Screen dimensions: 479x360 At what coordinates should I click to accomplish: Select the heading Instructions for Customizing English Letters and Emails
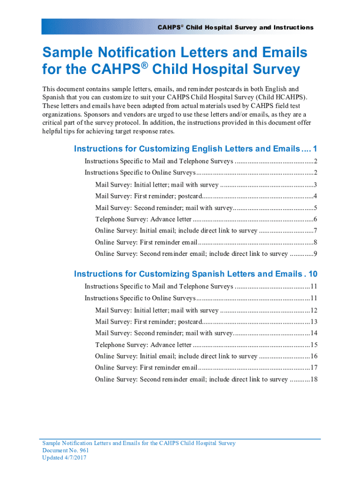[187, 149]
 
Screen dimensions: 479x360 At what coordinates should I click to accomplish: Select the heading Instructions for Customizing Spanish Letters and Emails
[187, 274]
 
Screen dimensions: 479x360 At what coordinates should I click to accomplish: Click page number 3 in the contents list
[316, 185]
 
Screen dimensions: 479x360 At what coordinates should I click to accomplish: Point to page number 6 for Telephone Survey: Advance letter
[316, 219]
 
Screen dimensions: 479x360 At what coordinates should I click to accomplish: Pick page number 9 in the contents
[316, 254]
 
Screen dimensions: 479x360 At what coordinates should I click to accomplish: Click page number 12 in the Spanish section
[314, 311]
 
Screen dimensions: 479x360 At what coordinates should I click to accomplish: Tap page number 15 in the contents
[314, 345]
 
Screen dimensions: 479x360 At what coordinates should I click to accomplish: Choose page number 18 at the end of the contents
[314, 379]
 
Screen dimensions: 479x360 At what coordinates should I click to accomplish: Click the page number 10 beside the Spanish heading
[313, 274]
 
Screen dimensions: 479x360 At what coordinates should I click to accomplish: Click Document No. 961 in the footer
[65, 450]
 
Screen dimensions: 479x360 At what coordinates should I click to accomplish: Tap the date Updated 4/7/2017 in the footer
[65, 458]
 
